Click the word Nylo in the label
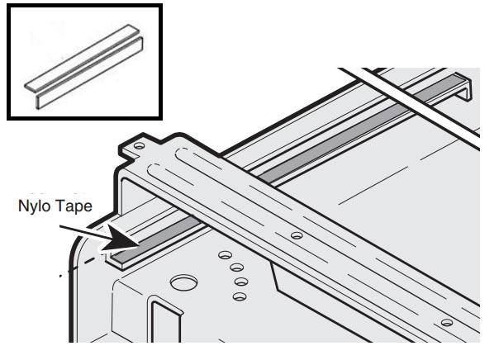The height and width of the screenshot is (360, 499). pos(34,207)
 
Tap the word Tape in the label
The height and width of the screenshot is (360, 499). pos(73,206)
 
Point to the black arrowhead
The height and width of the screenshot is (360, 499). pos(121,238)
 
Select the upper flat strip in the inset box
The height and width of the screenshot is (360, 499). pos(82,57)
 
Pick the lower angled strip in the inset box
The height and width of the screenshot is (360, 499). pos(90,73)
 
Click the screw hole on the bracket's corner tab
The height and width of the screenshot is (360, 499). pos(139,146)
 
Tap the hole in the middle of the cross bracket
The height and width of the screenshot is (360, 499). pos(297,235)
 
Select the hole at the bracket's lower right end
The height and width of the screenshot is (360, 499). pos(447,323)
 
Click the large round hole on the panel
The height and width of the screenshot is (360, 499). pos(184,282)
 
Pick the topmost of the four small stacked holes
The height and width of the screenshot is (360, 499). pos(225,255)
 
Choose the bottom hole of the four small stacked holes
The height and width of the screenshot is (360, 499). pos(240,297)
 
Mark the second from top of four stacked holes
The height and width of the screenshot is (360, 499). pos(237,268)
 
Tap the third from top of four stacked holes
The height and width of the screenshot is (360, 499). pos(241,282)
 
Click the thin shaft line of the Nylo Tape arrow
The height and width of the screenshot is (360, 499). pos(83,232)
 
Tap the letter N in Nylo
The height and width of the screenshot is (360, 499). pos(23,206)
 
